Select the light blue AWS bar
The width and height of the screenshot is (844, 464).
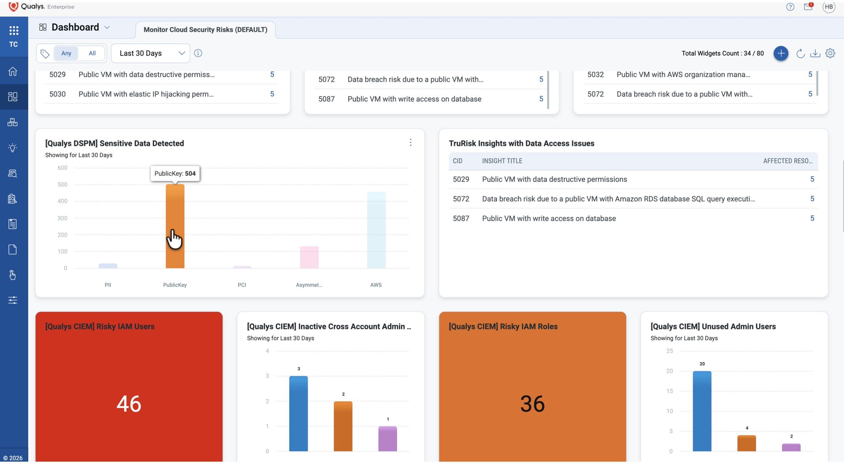(x=376, y=230)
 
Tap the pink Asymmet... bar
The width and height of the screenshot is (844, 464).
(x=309, y=257)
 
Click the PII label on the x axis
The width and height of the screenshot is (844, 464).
(x=108, y=285)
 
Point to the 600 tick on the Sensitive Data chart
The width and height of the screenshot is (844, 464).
(x=62, y=168)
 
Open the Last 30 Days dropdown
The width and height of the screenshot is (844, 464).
(x=151, y=53)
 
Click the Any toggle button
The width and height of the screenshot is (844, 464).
(x=66, y=53)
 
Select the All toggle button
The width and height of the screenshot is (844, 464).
(x=92, y=53)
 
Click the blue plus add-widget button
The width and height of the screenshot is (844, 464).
(x=781, y=53)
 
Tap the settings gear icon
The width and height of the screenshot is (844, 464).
(x=830, y=53)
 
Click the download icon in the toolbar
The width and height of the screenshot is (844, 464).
(x=815, y=53)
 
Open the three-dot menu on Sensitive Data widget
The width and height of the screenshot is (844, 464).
(x=411, y=143)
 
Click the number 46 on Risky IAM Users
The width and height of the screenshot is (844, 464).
(x=129, y=404)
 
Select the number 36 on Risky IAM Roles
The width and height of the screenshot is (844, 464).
(x=533, y=404)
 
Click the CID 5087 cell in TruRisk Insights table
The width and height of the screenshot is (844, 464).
(x=461, y=219)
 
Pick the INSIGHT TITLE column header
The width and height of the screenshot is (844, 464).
(x=502, y=161)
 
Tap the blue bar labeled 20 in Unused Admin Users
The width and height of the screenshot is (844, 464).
(x=702, y=411)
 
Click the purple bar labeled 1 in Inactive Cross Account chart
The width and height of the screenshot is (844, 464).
(x=387, y=439)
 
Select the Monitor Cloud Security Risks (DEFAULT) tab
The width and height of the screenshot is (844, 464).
(x=206, y=30)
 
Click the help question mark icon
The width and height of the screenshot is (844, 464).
(x=790, y=7)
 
